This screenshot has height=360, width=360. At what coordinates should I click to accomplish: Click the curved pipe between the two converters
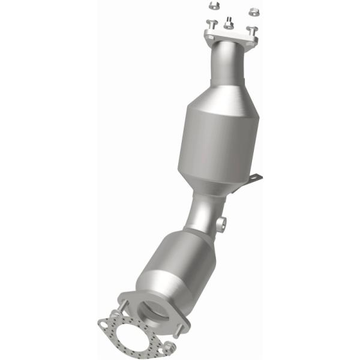(201, 213)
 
